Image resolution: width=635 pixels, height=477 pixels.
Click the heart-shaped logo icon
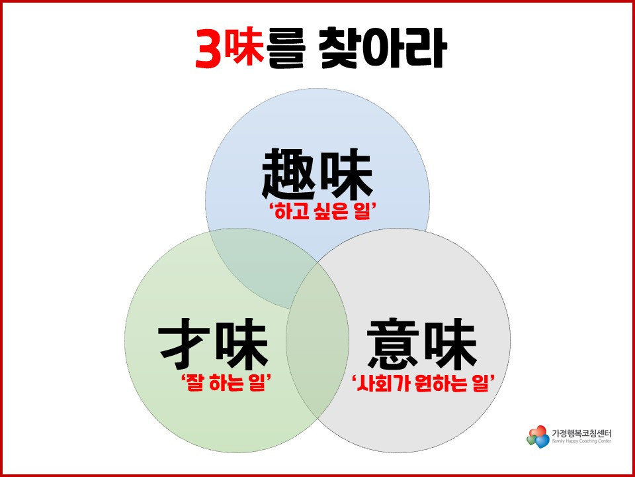(538, 436)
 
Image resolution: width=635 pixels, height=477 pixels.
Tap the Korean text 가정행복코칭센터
(582, 432)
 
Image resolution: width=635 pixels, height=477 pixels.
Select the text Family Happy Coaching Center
(582, 441)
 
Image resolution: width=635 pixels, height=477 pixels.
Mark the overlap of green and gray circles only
(317, 371)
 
